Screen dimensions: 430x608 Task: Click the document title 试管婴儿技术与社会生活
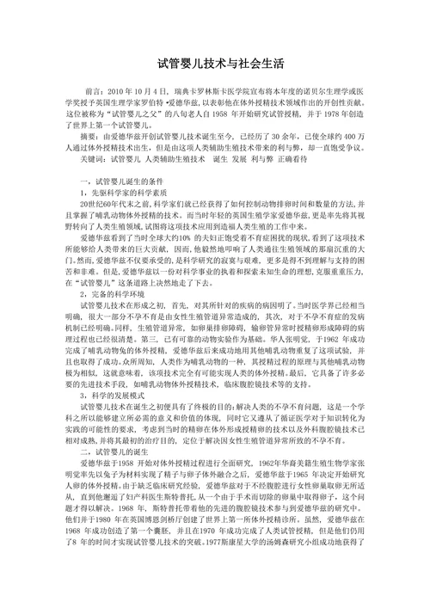[214, 64]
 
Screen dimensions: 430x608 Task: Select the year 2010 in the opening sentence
[123, 89]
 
